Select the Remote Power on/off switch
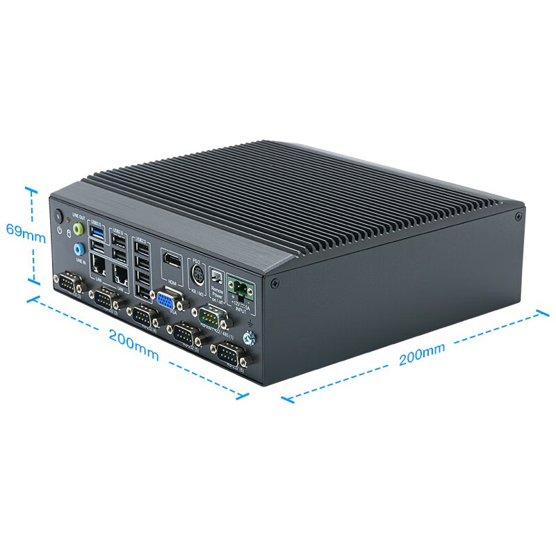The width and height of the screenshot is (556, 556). (x=216, y=277)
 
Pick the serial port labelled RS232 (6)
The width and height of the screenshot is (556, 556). (x=229, y=354)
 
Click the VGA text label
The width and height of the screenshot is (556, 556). (x=172, y=313)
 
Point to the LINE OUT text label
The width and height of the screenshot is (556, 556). (x=78, y=217)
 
